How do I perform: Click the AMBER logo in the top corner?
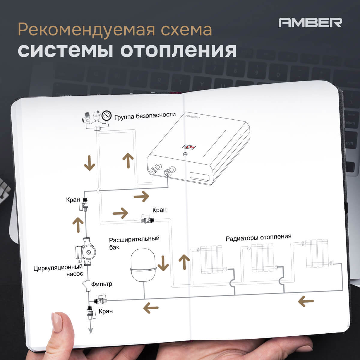(310, 22)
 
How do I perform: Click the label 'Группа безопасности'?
(144, 115)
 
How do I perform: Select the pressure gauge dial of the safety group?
(106, 115)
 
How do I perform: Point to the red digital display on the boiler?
(189, 147)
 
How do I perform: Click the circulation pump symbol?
(85, 252)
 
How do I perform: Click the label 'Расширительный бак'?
(134, 243)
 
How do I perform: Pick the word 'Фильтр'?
(102, 284)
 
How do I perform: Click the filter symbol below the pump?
(87, 285)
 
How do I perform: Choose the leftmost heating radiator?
(211, 259)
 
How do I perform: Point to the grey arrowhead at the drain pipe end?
(89, 331)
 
